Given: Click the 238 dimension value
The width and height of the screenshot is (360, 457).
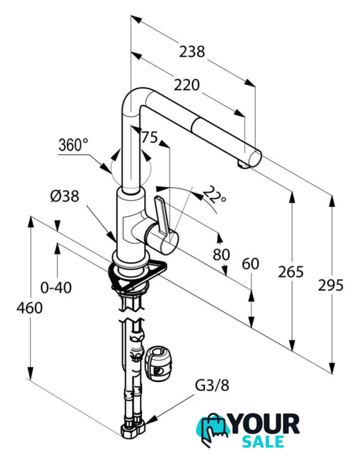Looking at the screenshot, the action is (192, 51).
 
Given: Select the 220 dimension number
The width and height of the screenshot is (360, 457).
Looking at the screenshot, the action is (187, 85).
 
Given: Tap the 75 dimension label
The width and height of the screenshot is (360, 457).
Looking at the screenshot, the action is (149, 137).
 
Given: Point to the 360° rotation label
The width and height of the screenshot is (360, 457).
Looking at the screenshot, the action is (73, 144).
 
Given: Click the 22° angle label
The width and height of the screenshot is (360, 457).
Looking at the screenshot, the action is (214, 195).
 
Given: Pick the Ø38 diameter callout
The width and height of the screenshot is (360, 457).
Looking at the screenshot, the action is (65, 196).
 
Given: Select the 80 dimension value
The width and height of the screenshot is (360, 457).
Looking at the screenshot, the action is (221, 254).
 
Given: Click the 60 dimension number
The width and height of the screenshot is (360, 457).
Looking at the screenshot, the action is (251, 264).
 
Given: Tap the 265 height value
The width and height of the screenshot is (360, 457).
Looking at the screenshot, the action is (291, 271).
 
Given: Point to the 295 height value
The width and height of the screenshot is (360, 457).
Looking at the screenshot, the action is (331, 285).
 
